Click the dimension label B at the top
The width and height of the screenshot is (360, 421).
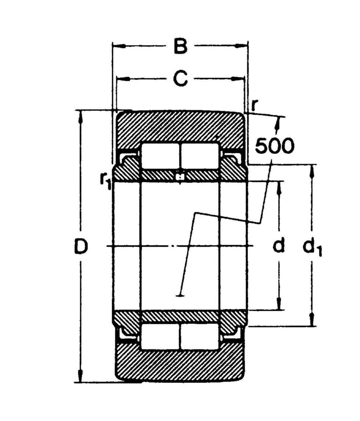coord(180,47)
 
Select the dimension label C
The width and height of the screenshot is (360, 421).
coord(180,79)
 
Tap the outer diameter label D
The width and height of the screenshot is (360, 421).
coord(81,247)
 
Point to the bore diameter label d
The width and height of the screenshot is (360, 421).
coord(279,246)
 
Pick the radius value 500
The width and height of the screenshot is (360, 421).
coord(274,146)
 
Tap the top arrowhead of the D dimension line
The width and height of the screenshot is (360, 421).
coord(81,116)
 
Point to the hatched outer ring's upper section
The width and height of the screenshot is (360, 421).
coord(180,126)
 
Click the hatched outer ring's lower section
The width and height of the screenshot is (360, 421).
coord(180,365)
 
